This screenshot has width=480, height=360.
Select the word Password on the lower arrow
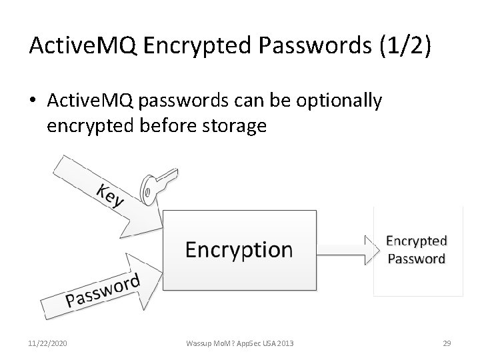coord(103,292)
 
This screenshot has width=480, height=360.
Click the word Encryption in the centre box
coord(239,249)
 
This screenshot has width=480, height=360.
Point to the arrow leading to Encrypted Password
coord(347,249)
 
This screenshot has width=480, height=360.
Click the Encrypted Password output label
coord(416,249)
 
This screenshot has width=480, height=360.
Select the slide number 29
coord(447,343)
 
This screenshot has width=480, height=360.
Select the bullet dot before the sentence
coord(35,101)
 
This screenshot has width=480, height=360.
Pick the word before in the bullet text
coord(170,125)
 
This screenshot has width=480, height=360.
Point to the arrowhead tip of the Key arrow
coord(162,219)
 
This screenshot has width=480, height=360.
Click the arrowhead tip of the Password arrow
coord(162,269)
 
